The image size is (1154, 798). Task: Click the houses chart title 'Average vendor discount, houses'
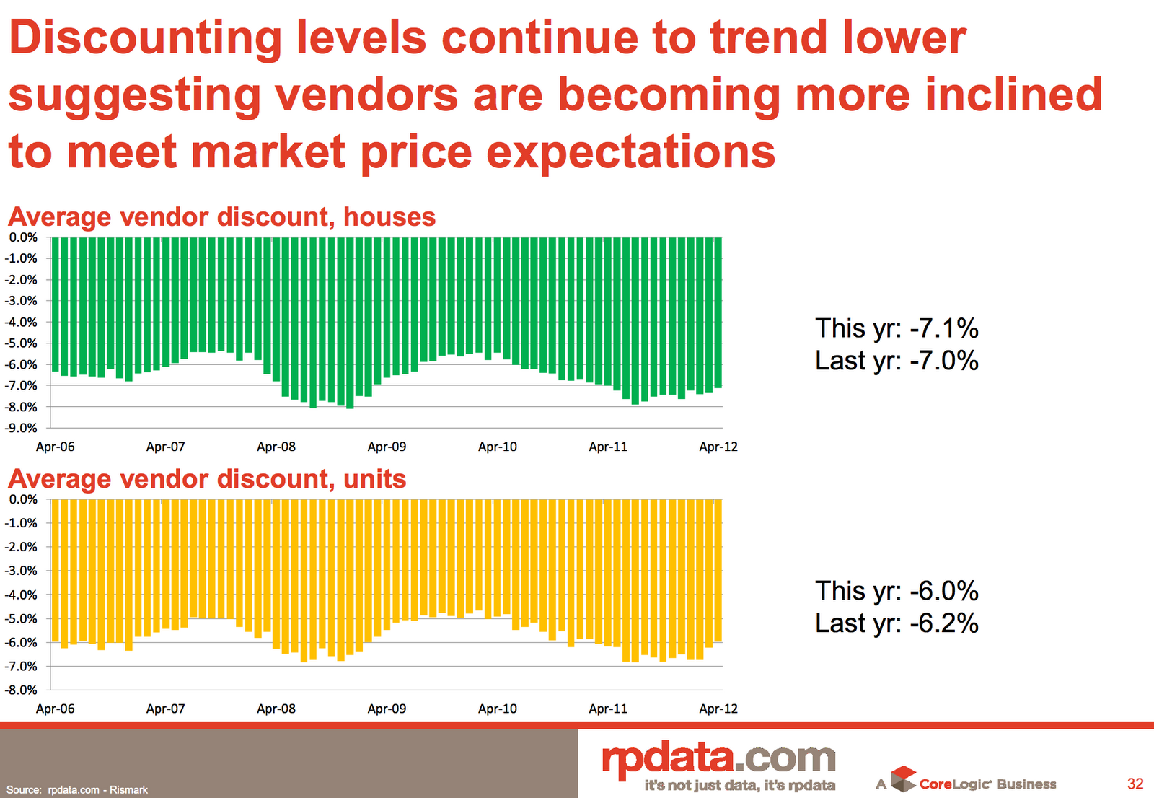point(221,216)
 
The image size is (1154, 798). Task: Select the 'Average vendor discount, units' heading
point(207,479)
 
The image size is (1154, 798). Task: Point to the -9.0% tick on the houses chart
point(23,428)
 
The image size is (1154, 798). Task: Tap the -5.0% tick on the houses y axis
point(23,343)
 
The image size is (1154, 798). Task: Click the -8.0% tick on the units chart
point(23,690)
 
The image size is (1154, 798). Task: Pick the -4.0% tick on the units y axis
point(23,595)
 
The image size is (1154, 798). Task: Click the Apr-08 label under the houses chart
point(276,447)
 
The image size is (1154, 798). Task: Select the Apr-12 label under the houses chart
point(718,447)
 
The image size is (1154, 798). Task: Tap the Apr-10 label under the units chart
point(498,709)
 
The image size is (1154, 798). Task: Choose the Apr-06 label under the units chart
point(56,709)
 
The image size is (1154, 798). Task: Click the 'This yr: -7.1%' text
point(897,328)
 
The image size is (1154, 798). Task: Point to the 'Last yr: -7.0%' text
point(897,360)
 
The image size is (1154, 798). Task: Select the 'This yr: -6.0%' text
point(897,591)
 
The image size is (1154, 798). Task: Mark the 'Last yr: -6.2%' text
point(897,623)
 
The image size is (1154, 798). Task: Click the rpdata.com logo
point(718,760)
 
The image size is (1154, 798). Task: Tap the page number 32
point(1135,784)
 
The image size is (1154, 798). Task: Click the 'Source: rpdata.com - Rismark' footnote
point(77,790)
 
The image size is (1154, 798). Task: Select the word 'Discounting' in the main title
point(145,38)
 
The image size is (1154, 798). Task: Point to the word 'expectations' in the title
point(630,152)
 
